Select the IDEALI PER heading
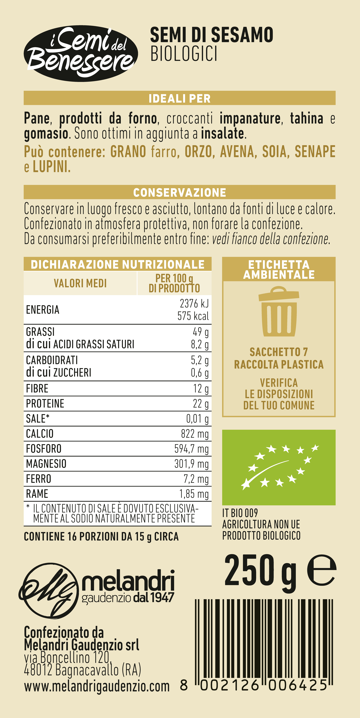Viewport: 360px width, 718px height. [180, 98]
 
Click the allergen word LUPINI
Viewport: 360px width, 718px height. [52, 167]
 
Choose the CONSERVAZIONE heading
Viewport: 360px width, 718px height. [180, 192]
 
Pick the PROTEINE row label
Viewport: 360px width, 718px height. [45, 404]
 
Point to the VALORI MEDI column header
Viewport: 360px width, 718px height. [80, 283]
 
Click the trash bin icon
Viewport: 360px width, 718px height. [279, 311]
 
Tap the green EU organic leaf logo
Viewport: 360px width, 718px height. [279, 467]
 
